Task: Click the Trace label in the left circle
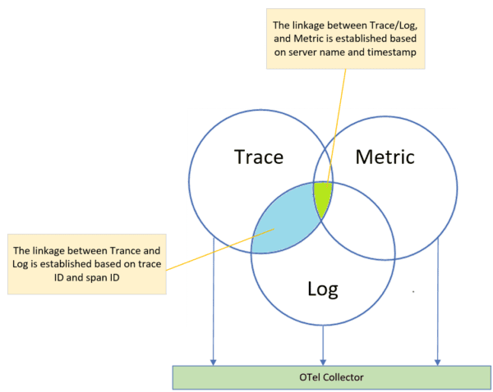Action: click(x=260, y=156)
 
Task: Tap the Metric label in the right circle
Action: click(x=385, y=156)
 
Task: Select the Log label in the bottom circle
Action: click(x=323, y=289)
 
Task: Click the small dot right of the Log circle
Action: click(x=412, y=291)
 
